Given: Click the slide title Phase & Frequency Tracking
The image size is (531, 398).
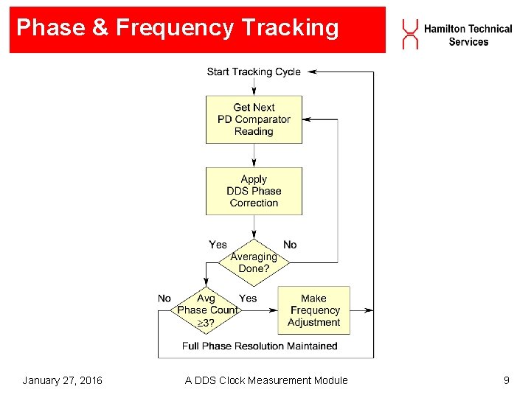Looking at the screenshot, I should click(177, 28).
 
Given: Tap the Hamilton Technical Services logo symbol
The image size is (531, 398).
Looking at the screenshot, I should click(410, 35).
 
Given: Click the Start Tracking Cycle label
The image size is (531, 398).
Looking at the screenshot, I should click(254, 71).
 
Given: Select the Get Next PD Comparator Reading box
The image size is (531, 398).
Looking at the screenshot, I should click(254, 119).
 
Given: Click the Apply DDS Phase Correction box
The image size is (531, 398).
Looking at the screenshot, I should click(254, 191).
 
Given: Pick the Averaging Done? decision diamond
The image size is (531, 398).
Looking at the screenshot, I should click(254, 262).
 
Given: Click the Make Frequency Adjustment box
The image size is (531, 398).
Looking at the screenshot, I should click(313, 310).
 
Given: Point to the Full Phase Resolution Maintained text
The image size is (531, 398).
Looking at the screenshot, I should click(260, 346).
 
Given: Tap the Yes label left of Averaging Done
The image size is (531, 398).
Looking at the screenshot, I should click(218, 244).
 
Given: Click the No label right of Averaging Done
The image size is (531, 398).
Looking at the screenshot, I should click(290, 244).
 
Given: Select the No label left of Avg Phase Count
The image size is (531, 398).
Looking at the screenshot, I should click(164, 298).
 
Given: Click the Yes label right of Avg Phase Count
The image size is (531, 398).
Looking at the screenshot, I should click(248, 298).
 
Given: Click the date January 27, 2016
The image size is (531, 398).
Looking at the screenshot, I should click(62, 380).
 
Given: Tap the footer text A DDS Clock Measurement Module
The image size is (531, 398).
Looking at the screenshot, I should click(266, 380).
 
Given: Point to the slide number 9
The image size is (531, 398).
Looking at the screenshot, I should click(506, 380).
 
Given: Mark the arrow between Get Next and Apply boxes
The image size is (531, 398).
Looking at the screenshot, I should click(254, 156).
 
